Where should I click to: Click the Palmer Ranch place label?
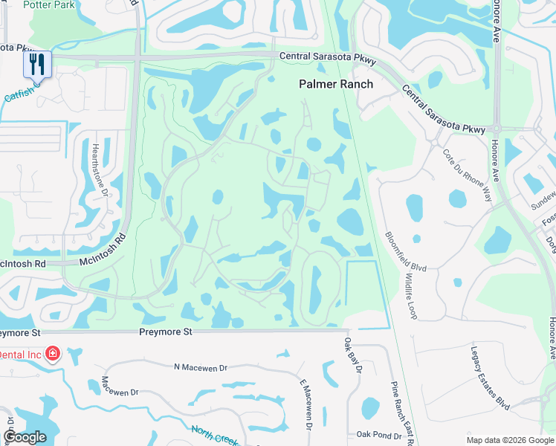(x=336, y=84)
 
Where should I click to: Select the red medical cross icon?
(x=53, y=353)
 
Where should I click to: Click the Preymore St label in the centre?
(x=166, y=332)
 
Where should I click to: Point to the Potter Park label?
(x=48, y=4)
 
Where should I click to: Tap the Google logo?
(x=25, y=437)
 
